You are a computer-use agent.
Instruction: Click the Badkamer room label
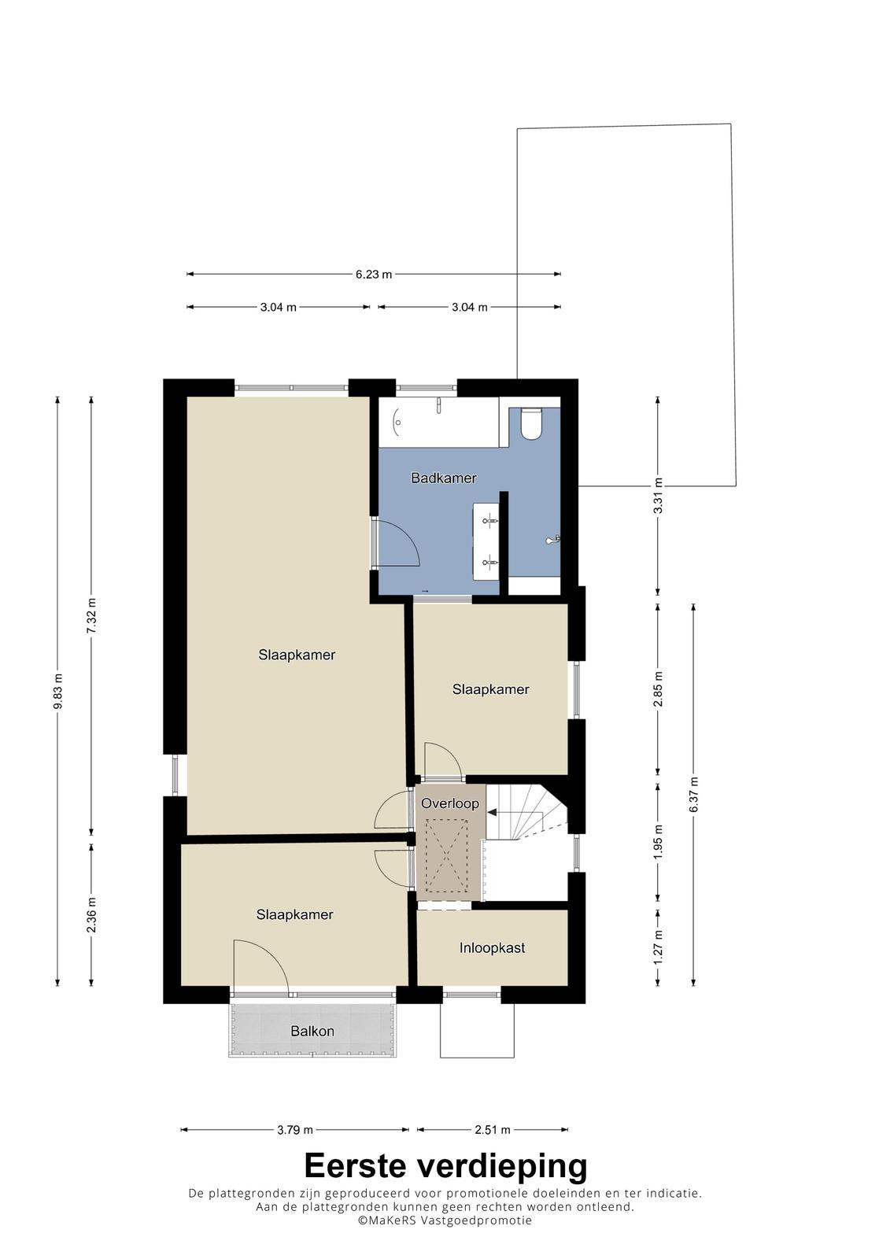[x=444, y=478]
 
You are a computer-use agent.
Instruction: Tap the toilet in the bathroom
[x=530, y=424]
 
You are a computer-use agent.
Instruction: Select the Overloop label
[x=450, y=803]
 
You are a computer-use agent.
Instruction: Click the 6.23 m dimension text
[x=374, y=275]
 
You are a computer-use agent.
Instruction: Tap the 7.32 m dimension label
[x=91, y=616]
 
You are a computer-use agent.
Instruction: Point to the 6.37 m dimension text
[x=694, y=794]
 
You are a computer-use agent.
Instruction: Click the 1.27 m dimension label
[x=659, y=947]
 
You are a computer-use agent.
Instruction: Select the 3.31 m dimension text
[x=659, y=495]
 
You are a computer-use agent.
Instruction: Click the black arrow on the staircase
[x=492, y=812]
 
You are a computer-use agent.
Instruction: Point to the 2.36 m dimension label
[x=91, y=914]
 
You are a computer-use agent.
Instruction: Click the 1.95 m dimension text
[x=659, y=841]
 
